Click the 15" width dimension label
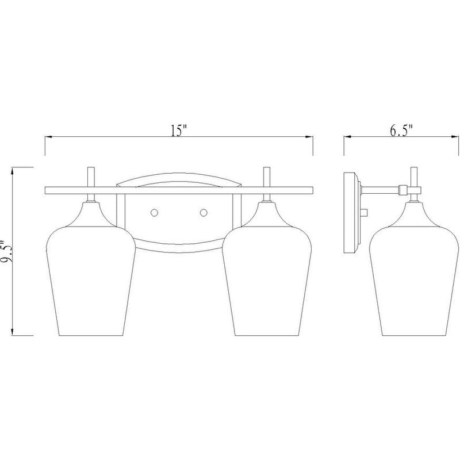179,131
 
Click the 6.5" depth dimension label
401,131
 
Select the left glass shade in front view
91,269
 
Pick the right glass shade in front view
267,269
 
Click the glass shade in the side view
413,269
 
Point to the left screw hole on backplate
154,212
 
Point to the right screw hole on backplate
204,212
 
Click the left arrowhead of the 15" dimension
49,137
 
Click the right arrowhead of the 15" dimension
309,137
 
